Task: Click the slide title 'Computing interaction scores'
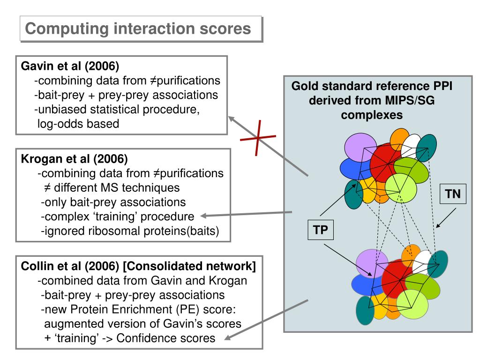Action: tap(138, 29)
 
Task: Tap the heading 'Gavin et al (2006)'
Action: tap(70, 66)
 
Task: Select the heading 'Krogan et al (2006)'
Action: tap(75, 158)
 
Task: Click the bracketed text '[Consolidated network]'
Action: tap(189, 266)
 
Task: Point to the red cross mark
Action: tap(258, 138)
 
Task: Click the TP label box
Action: tap(321, 230)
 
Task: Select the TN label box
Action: tap(453, 194)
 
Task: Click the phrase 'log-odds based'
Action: tap(78, 124)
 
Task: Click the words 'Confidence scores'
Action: tap(166, 338)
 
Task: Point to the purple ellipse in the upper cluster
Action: tap(360, 147)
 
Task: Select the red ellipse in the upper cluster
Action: tap(386, 163)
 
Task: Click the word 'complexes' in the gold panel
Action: tap(372, 115)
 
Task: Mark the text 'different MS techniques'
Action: tap(117, 187)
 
